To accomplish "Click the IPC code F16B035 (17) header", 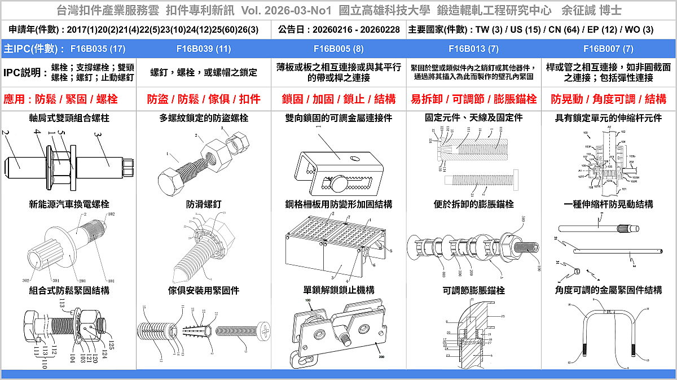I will [93, 49].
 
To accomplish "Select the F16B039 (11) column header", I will [204, 49].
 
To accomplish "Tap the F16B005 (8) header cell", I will [338, 49].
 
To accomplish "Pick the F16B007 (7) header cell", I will [608, 49].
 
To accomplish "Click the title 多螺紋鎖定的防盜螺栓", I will [204, 118].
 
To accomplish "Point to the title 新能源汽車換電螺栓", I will [69, 204].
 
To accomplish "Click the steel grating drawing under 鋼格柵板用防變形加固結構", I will [337, 248].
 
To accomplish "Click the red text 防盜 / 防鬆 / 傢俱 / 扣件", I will [204, 99].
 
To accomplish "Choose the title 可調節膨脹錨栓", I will [473, 290].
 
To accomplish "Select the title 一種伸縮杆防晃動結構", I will [608, 204].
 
